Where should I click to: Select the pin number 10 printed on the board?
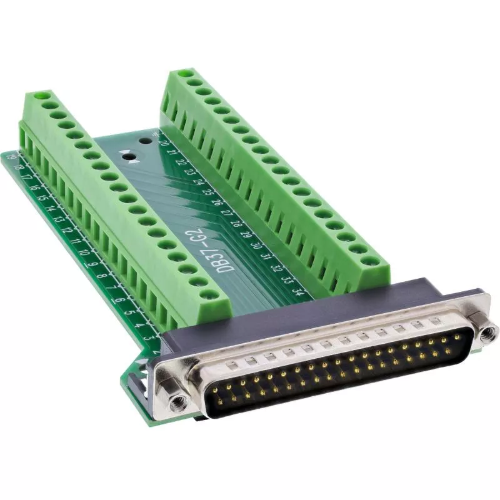[x=84, y=253]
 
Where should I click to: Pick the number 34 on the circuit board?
[x=299, y=290]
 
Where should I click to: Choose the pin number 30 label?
[x=256, y=245]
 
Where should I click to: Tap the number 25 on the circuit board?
[x=208, y=192]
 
